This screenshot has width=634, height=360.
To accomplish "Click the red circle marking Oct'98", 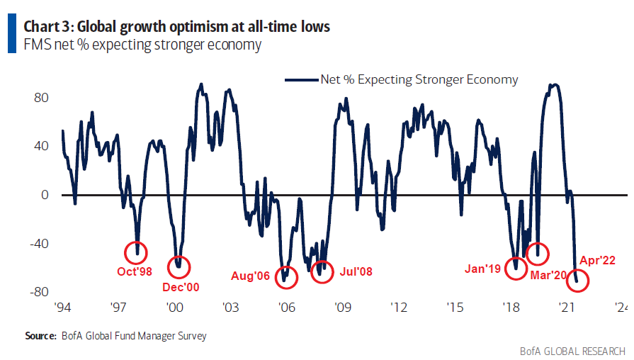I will tap(136, 252).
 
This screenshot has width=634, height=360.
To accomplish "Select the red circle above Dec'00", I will tap(179, 266).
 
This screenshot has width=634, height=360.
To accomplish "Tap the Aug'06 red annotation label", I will tap(250, 275).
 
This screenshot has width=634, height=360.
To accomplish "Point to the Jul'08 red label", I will tap(356, 271).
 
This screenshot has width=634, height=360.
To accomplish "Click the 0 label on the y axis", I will tap(44, 195).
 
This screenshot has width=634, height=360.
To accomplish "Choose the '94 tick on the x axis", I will tap(63, 308).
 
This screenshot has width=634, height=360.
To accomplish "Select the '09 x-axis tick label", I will tap(343, 308).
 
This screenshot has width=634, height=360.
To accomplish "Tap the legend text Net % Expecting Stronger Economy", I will tap(419, 79).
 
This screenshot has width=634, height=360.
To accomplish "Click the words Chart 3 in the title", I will tap(48, 27).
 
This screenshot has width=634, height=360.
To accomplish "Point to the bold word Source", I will tap(40, 335).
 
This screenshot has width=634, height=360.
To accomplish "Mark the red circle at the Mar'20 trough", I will tap(538, 251).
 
